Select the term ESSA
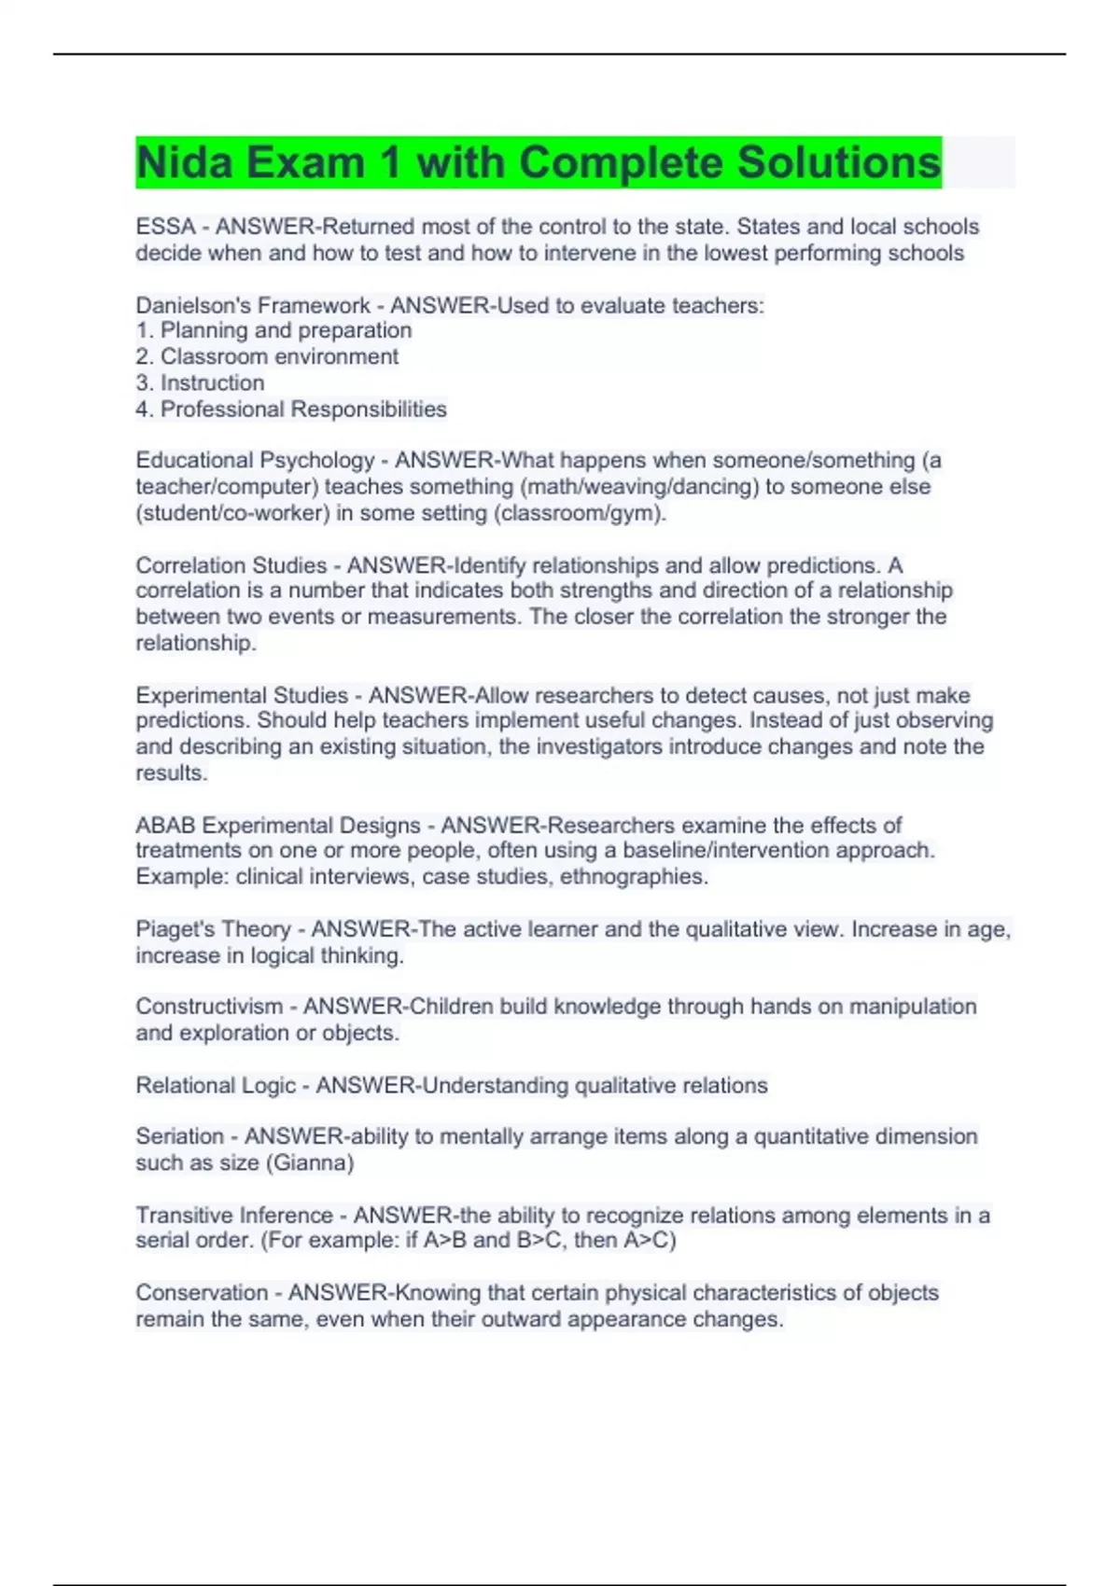click(x=165, y=227)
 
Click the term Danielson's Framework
click(x=253, y=305)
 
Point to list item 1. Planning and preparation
click(x=273, y=330)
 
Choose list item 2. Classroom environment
click(x=267, y=356)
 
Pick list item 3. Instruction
click(x=200, y=383)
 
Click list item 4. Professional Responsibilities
click(x=291, y=409)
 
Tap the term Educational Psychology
click(x=255, y=460)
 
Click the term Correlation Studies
click(x=231, y=565)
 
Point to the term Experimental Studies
click(x=242, y=695)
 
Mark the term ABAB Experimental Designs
click(x=278, y=825)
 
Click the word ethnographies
click(x=634, y=877)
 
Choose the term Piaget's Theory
click(x=213, y=929)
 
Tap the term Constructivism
click(x=209, y=1007)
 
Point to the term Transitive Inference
click(x=234, y=1215)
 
